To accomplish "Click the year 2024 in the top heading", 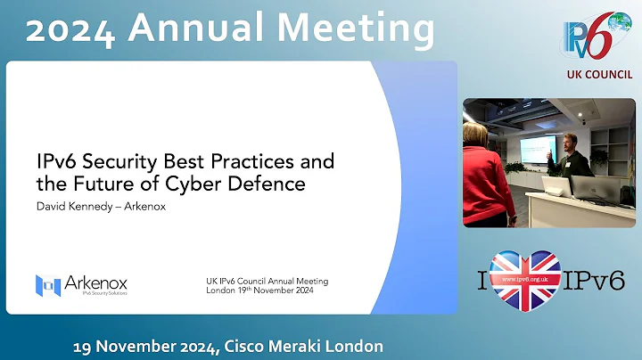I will coord(71,29).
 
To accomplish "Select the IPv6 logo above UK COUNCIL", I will coord(597,37).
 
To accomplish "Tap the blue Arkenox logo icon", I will coord(47,285).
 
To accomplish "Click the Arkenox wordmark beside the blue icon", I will coord(95,282).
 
